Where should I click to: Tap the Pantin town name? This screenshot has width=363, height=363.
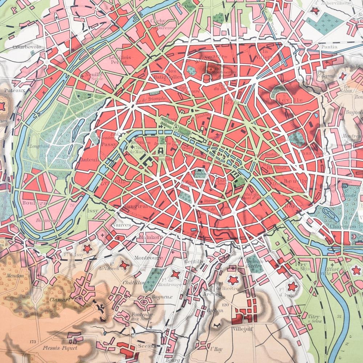click(329, 47)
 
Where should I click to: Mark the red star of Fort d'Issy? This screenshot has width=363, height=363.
click(87, 248)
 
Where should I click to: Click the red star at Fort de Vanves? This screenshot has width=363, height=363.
click(125, 265)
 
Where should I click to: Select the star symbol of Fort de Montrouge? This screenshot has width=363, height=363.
click(175, 274)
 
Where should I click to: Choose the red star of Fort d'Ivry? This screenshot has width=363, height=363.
click(292, 287)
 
